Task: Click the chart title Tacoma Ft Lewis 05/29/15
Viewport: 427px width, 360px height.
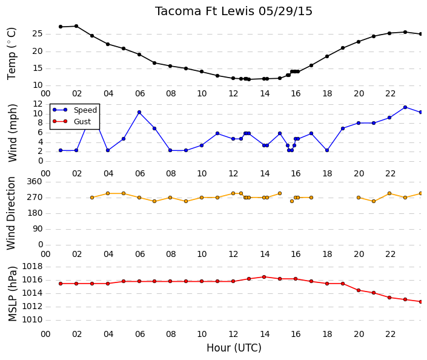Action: [234, 12]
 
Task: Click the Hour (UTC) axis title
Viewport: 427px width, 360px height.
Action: [234, 348]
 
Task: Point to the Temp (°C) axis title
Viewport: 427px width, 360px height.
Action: [12, 54]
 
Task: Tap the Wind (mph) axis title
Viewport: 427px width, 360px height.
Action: [12, 133]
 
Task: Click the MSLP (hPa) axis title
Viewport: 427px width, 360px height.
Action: [13, 294]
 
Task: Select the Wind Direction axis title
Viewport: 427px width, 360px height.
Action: [11, 213]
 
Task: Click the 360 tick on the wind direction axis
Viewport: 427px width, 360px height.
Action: [35, 182]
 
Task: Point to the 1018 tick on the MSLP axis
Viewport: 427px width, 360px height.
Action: [32, 266]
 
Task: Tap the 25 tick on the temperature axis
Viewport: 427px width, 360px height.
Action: [38, 34]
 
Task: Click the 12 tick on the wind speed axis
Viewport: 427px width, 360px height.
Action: [38, 104]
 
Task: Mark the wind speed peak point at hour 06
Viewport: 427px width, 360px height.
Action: [139, 112]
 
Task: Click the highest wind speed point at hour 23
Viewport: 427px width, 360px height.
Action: [405, 107]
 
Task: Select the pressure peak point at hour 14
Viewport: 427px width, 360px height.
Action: [264, 277]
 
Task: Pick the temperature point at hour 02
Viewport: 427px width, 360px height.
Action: [76, 26]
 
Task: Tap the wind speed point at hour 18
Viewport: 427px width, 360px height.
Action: [327, 150]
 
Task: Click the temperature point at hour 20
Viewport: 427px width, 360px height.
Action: [359, 42]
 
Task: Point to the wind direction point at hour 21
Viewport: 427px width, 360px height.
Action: [374, 201]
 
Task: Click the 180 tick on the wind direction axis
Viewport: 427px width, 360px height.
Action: [35, 213]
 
